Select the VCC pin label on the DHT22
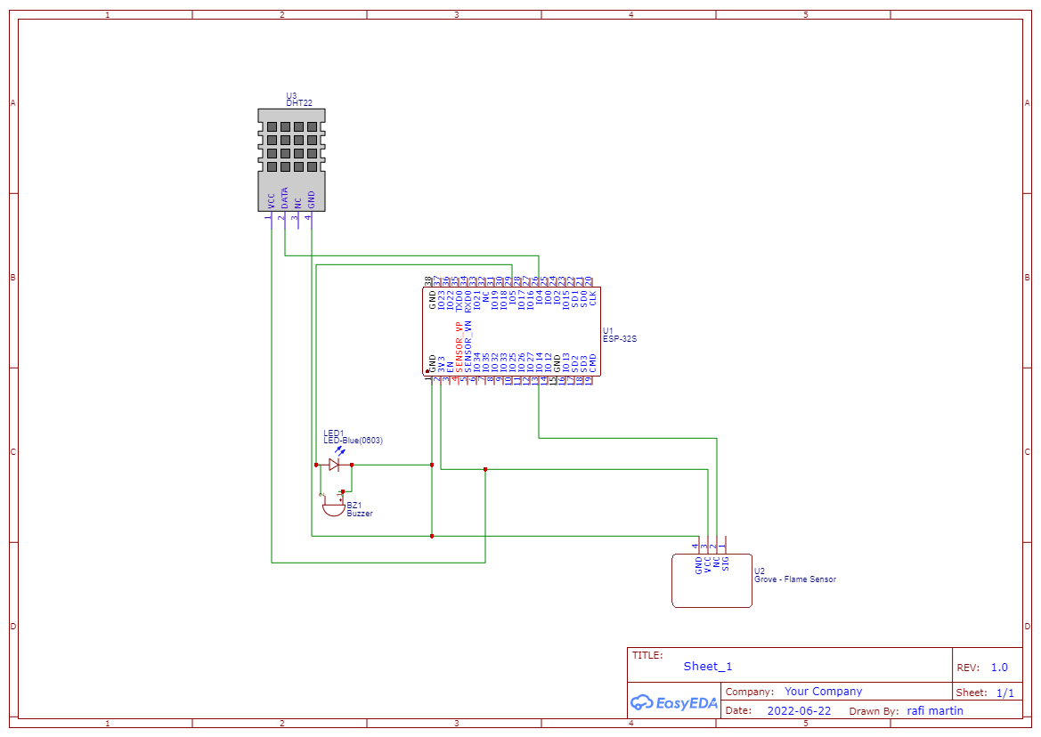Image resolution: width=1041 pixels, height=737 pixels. [272, 201]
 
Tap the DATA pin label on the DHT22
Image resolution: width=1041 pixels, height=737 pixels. [285, 198]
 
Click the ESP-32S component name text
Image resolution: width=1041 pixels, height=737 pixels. [620, 339]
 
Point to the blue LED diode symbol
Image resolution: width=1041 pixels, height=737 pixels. [335, 465]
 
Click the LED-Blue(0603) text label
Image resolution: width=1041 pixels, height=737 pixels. [353, 441]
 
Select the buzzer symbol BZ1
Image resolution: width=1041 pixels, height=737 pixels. [333, 506]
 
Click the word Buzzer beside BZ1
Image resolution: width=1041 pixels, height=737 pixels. [360, 514]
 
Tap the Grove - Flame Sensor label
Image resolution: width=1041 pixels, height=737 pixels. [794, 579]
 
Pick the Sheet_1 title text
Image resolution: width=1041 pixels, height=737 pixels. [708, 667]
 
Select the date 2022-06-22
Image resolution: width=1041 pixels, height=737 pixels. [799, 711]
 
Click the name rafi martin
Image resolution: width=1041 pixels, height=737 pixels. [935, 711]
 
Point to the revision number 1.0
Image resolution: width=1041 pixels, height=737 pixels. [999, 668]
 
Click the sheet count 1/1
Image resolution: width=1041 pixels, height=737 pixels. [1004, 692]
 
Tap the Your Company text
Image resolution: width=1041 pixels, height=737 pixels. [823, 692]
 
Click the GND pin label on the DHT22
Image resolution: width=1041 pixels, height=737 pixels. [312, 199]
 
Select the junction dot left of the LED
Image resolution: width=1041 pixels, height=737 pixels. [316, 465]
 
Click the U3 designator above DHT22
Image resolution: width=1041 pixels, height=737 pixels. [291, 95]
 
